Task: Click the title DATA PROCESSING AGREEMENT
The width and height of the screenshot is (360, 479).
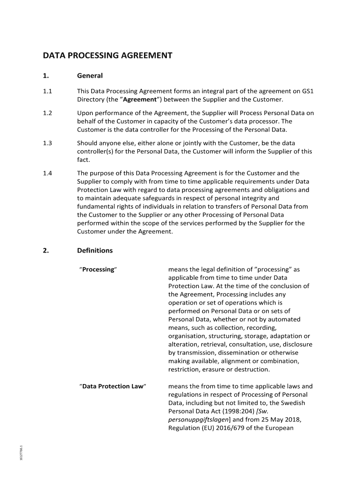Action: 108,56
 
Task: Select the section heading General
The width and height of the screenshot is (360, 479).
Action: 90,76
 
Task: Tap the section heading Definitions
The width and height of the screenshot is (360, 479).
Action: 94,250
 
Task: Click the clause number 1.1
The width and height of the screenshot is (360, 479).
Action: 47,92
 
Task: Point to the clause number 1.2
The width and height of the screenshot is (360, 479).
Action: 47,113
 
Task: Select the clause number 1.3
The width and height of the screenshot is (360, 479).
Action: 47,143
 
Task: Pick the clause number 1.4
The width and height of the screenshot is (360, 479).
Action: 47,173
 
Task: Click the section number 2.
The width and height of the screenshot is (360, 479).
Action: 45,250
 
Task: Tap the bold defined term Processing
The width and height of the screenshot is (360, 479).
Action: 98,269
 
